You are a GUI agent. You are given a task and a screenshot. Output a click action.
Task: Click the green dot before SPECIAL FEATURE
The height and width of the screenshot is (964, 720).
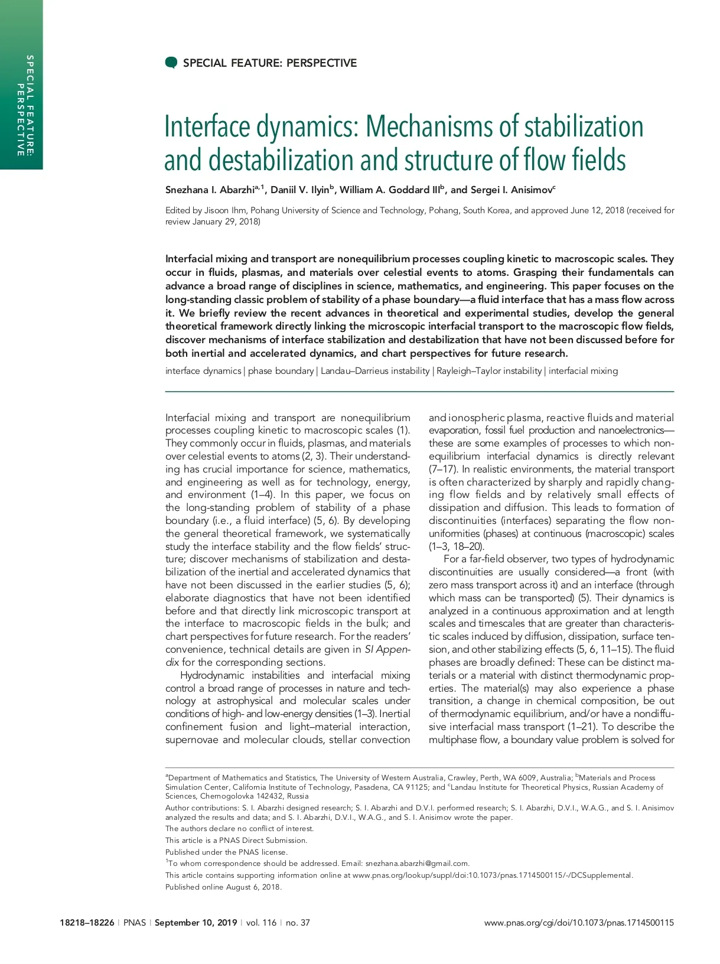[171, 63]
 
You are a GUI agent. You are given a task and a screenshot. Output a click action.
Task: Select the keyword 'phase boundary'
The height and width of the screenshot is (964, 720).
[281, 371]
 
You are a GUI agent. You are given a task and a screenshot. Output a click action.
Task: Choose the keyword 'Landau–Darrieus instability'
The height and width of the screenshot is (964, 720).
[375, 371]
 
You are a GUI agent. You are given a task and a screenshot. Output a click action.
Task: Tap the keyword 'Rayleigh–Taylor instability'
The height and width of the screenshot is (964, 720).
[489, 371]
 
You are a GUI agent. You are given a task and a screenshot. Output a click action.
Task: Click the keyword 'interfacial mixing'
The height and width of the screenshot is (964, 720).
[583, 371]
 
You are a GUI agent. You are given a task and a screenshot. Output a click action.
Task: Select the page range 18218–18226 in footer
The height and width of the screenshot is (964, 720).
[87, 923]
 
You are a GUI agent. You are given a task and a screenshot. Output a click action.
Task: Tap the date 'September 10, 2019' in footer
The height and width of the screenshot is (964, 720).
[196, 923]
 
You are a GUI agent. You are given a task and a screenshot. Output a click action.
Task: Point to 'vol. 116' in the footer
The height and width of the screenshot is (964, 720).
[261, 923]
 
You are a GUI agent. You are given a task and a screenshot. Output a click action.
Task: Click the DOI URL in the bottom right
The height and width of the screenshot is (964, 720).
[579, 923]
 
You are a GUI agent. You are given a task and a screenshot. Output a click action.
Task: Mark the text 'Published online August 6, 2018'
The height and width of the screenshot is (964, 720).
[223, 887]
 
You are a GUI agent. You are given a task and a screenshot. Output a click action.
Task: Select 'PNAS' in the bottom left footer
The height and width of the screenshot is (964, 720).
[134, 923]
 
